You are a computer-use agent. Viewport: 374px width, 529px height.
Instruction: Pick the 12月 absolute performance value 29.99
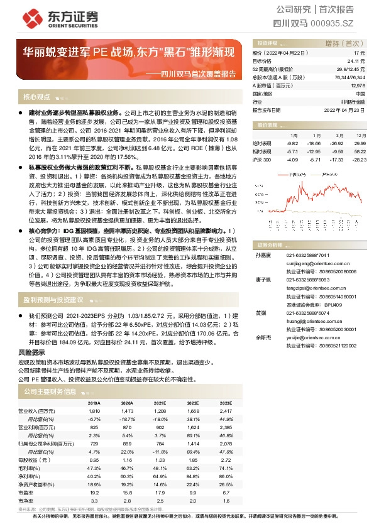tap(359, 143)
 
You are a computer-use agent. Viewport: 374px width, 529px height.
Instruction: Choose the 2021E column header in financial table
tap(160, 403)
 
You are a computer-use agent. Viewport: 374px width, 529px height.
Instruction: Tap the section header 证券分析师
tap(272, 244)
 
